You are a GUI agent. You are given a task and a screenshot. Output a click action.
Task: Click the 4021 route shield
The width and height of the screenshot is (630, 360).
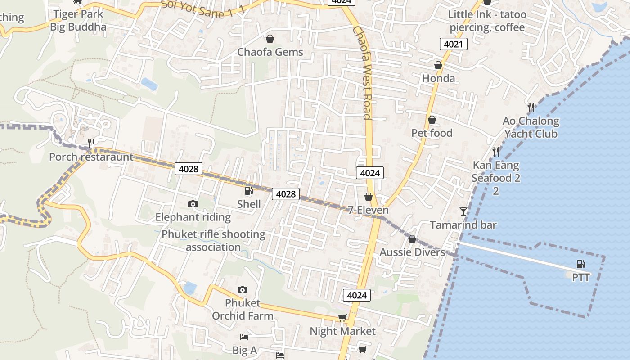tap(453, 44)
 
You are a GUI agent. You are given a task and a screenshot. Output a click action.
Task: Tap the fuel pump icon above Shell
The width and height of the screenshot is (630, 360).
tap(248, 191)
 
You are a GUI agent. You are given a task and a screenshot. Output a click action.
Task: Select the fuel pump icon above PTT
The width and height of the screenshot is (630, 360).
tap(580, 264)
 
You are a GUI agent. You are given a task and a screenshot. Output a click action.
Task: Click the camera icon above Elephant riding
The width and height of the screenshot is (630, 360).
tap(193, 204)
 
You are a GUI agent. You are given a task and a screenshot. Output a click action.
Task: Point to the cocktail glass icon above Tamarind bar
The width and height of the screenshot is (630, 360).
tap(463, 211)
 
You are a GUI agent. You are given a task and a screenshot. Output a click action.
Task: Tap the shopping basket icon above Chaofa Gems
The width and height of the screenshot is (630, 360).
tap(270, 39)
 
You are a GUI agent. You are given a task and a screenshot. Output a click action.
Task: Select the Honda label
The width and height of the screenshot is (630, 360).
tap(438, 78)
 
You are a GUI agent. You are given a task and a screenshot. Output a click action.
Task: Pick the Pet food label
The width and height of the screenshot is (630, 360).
tap(432, 133)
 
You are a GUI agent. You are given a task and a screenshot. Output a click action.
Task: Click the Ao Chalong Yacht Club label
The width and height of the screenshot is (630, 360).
tap(531, 127)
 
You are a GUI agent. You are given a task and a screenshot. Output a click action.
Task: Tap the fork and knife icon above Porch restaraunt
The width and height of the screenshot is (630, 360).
tap(91, 144)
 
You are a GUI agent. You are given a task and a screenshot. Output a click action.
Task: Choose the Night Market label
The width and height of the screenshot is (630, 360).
tap(342, 331)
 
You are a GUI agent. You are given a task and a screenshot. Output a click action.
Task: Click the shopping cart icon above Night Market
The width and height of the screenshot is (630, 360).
tap(342, 318)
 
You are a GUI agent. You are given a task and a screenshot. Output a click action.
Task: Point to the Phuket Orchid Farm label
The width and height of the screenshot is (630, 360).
tap(243, 309)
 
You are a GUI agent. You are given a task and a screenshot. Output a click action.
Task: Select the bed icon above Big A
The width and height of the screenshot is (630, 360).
tap(244, 337)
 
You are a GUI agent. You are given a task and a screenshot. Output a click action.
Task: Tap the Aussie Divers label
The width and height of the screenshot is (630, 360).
tap(412, 252)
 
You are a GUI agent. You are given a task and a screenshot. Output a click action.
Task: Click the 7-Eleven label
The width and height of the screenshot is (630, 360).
tap(368, 210)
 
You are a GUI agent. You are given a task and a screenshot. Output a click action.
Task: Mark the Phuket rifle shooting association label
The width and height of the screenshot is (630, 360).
tap(213, 241)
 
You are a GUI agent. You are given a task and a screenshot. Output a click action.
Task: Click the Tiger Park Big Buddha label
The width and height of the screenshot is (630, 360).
tap(78, 20)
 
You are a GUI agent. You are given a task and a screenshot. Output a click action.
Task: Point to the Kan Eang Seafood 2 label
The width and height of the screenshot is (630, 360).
tap(495, 178)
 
